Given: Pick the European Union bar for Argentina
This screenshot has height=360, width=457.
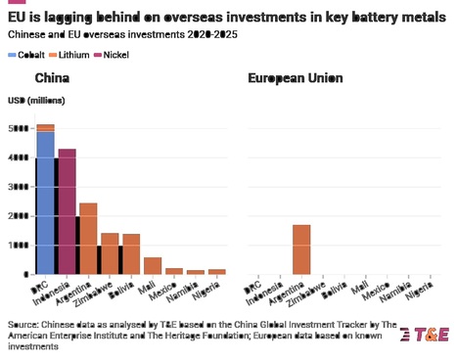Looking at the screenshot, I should pos(301,249).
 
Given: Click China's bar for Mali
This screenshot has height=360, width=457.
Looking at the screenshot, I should pos(153,265).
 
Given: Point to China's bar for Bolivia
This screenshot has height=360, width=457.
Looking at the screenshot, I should pos(131,253).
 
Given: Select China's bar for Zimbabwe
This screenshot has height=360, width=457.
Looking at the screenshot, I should pos(110,253).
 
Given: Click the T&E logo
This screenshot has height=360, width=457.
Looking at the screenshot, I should pos(425,334).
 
